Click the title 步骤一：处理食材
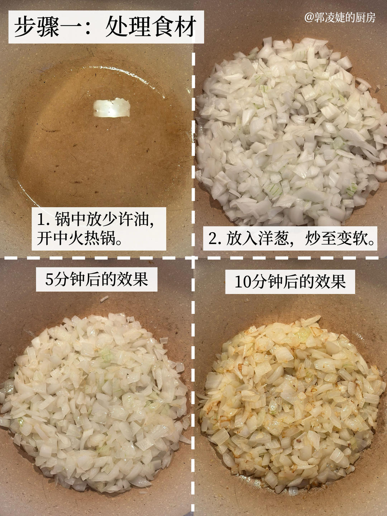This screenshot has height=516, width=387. (x=106, y=27)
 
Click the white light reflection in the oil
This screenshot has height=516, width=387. (x=111, y=108)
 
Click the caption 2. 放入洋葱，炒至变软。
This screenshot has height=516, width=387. (x=292, y=238)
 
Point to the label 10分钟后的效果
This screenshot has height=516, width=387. (x=290, y=281)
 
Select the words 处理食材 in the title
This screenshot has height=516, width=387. (x=150, y=27)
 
